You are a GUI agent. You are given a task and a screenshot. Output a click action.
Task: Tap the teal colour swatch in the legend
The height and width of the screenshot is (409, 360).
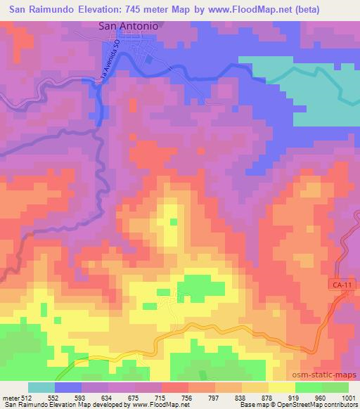(x=41, y=387)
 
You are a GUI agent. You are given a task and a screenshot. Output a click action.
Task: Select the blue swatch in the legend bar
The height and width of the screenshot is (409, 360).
(x=68, y=387)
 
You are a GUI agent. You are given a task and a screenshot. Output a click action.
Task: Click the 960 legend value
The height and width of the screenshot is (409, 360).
(x=319, y=397)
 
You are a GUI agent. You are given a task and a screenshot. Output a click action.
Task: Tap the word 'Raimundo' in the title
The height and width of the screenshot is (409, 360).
(x=49, y=6)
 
